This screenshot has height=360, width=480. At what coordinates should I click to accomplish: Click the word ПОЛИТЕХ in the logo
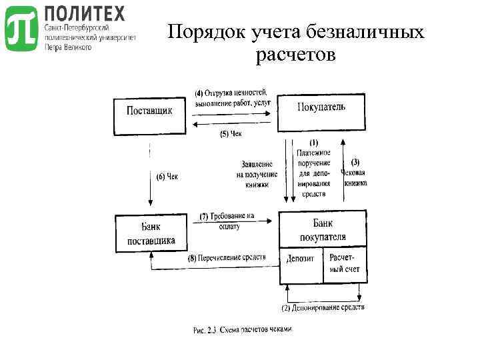[x=84, y=13]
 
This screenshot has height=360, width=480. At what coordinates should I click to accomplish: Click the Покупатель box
[x=321, y=112]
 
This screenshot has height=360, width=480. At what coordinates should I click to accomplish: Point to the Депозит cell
[x=301, y=259]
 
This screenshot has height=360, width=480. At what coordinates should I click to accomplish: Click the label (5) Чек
[x=231, y=134]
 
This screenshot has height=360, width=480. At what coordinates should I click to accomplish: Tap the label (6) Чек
[x=168, y=177]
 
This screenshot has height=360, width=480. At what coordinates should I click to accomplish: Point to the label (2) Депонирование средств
[x=323, y=308]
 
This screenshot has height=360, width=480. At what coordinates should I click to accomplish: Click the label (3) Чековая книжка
[x=354, y=172]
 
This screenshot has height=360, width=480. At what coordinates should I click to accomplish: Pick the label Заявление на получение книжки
[x=257, y=175]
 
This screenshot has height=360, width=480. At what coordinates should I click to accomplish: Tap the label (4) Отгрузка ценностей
[x=231, y=97]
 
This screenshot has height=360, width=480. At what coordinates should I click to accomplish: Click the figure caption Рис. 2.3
[x=242, y=329]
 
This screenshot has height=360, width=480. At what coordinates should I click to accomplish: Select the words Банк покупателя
[x=323, y=230]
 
